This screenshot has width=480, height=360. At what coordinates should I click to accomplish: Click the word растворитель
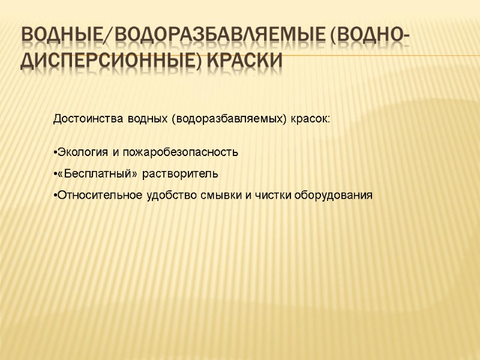coord(181,174)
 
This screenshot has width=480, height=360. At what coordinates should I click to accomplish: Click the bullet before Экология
coord(55,152)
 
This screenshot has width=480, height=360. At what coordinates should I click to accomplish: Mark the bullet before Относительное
coord(55,196)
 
